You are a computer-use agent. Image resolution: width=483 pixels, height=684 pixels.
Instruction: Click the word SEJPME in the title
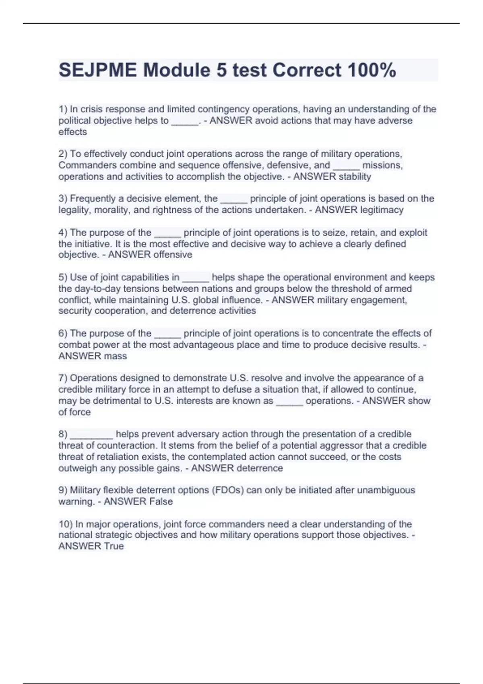pyautogui.click(x=97, y=70)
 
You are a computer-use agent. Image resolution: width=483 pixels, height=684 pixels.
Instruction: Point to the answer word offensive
pyautogui.click(x=171, y=255)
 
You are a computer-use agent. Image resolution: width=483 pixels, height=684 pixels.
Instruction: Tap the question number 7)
pyautogui.click(x=63, y=378)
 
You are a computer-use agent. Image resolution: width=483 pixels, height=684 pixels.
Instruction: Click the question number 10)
pyautogui.click(x=66, y=524)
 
